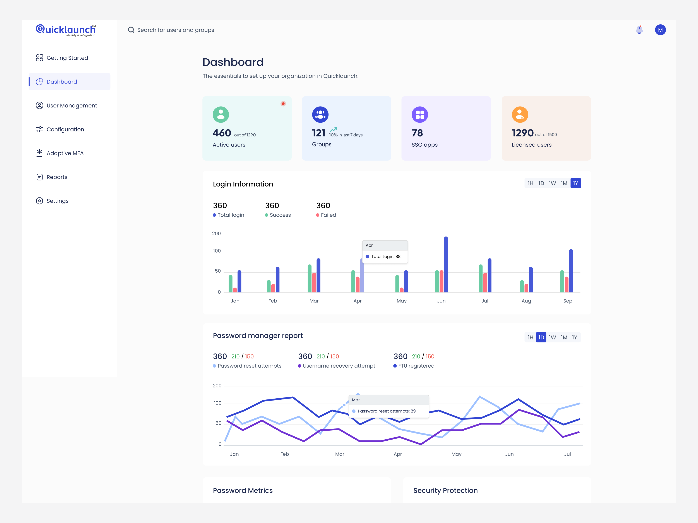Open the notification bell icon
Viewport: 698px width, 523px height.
coord(639,30)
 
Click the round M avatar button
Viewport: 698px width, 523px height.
coord(660,30)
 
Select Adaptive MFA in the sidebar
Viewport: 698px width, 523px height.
coord(65,153)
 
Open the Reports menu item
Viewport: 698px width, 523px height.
coord(57,177)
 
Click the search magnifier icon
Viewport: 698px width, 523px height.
coord(131,30)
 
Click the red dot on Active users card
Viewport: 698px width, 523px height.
coord(283,104)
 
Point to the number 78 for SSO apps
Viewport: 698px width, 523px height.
coord(417,133)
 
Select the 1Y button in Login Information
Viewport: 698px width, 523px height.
coord(575,183)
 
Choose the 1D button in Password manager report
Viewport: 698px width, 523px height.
coord(541,337)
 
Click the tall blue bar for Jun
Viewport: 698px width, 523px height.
coord(446,265)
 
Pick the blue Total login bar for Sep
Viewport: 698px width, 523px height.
coord(571,271)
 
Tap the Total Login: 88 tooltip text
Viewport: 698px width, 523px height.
coord(386,257)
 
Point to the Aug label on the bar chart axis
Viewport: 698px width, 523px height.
coord(526,301)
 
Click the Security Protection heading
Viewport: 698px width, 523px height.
coord(445,491)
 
